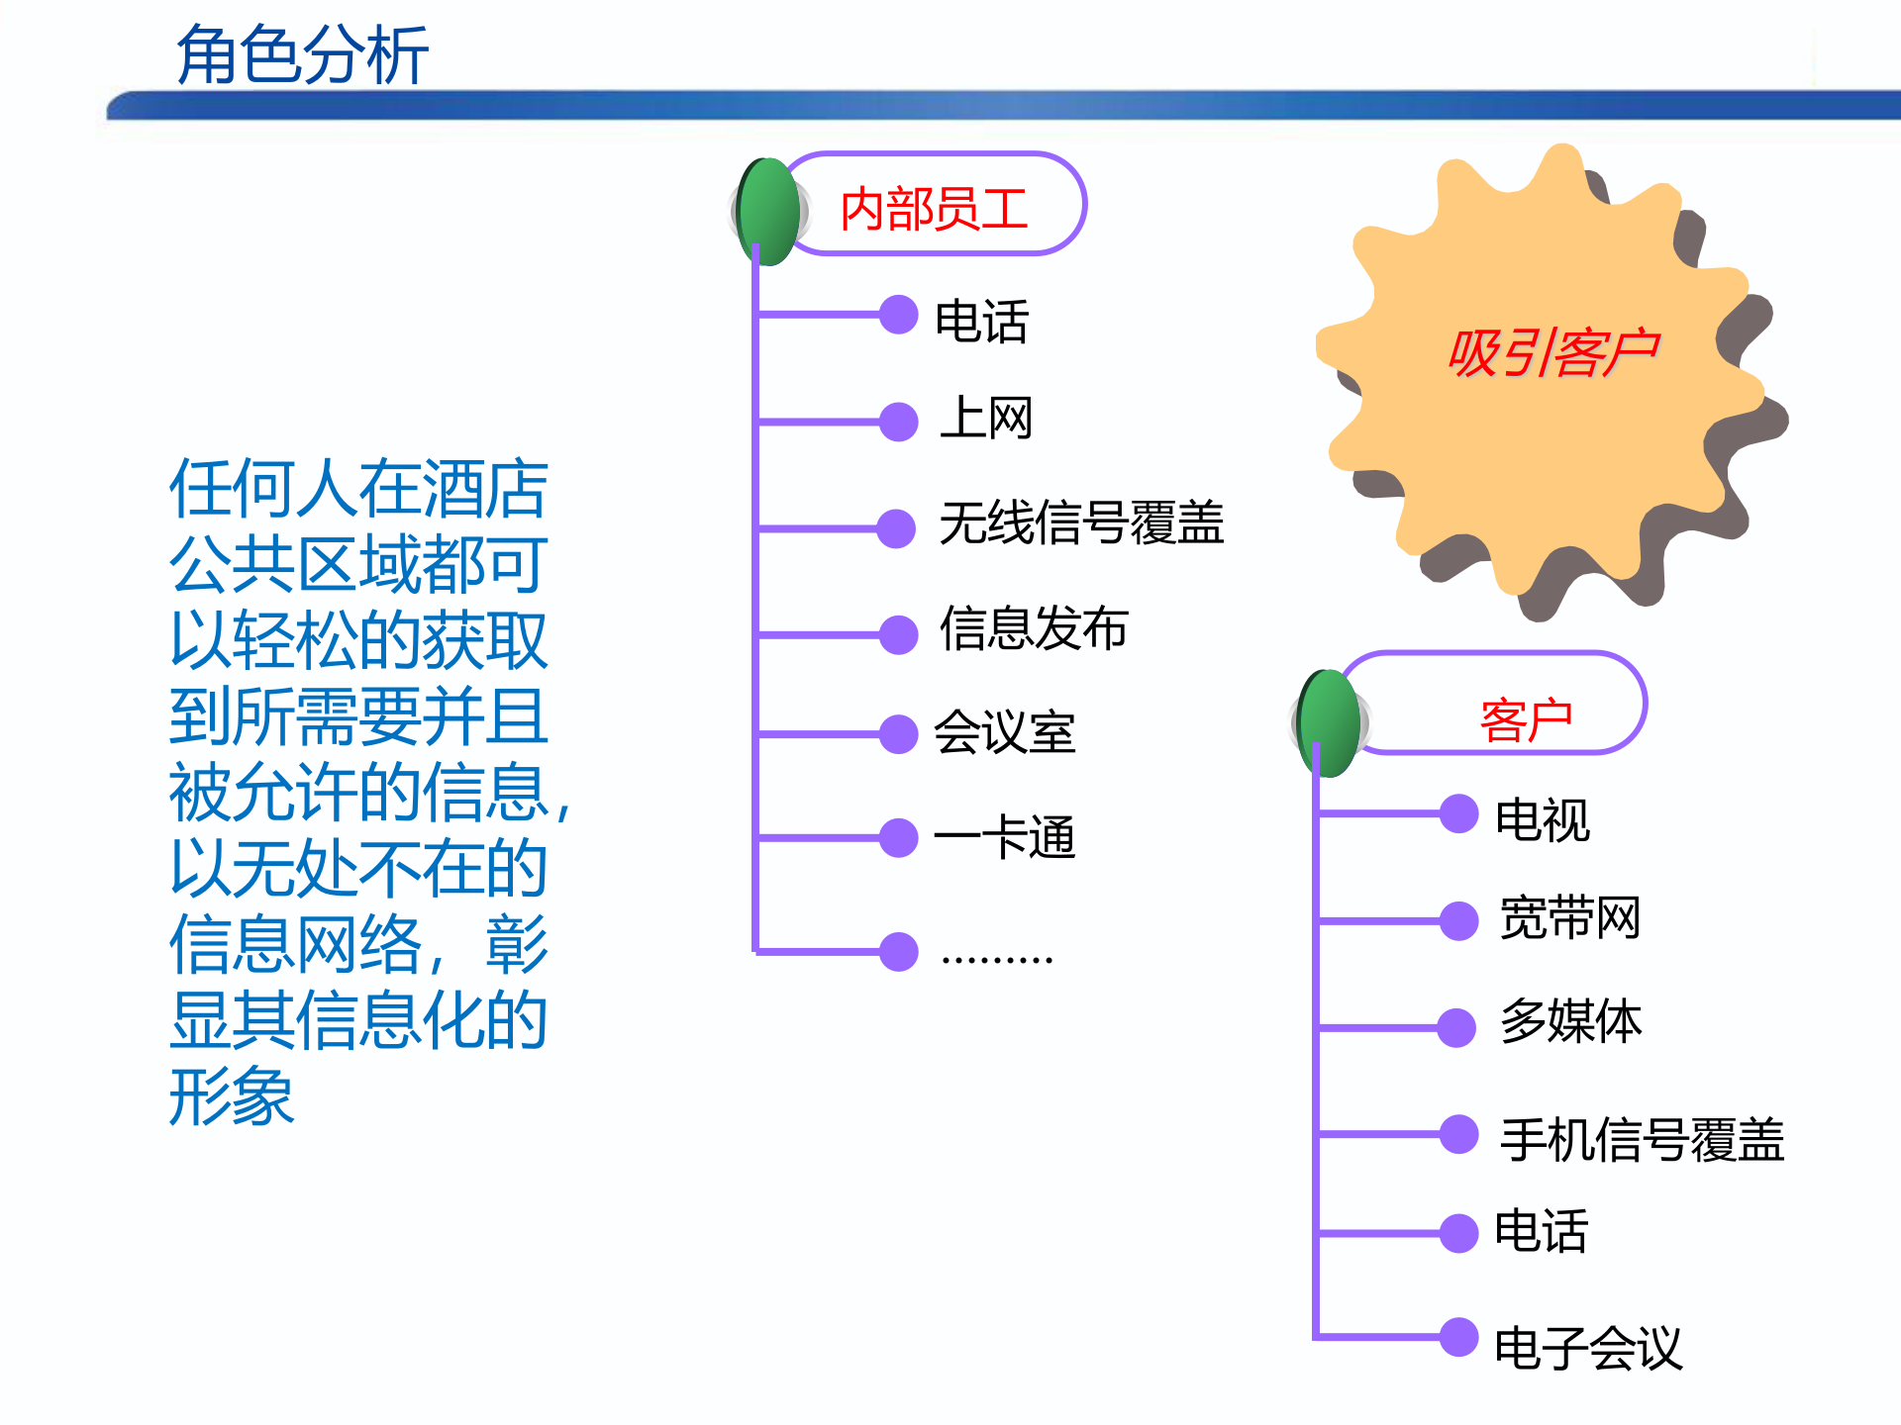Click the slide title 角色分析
pos(302,54)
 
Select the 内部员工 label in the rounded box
pos(934,209)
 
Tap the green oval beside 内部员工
pos(768,211)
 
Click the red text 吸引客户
pos(1551,352)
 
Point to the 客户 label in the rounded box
pos(1526,719)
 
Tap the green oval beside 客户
pos(1330,723)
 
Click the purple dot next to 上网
pos(898,422)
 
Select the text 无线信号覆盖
pos(1081,522)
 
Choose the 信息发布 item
pos(1034,628)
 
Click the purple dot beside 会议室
pos(898,734)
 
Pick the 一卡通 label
pos(1004,837)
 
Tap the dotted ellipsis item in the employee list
pos(996,957)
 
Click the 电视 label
pos(1542,819)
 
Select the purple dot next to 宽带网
pos(1458,920)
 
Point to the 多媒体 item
pos(1570,1021)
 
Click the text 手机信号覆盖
pos(1642,1139)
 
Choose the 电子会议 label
pos(1588,1347)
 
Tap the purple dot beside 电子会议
pos(1458,1337)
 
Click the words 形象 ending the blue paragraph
pos(232,1096)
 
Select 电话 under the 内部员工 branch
pos(981,322)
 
